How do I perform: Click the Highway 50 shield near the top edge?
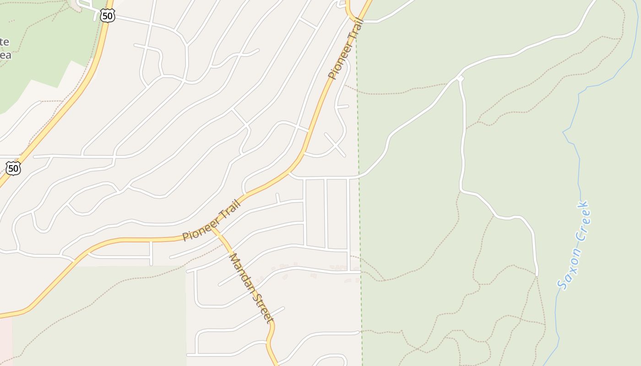click(107, 16)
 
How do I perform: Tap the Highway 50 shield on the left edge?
click(13, 168)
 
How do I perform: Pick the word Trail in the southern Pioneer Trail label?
click(230, 209)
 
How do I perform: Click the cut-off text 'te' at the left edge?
click(4, 42)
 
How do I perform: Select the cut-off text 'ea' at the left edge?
click(5, 55)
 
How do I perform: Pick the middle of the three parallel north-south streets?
click(326, 213)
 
